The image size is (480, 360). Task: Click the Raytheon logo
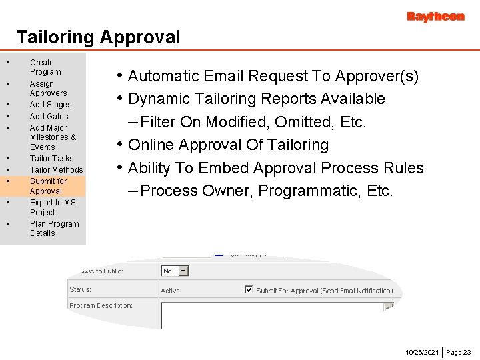435,17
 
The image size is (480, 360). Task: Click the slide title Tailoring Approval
98,37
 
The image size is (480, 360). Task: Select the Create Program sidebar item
45,67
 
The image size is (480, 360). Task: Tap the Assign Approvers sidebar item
48,89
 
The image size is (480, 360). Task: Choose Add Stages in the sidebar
51,105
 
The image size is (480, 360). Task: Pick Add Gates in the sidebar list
49,117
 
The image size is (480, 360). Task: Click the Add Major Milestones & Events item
53,137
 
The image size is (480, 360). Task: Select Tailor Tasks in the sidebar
51,159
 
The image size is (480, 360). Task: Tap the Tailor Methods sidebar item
56,170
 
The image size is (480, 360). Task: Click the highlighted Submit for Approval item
48,186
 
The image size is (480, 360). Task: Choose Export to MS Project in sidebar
53,207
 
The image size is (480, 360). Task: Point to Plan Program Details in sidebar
54,229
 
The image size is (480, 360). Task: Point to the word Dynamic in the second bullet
157,99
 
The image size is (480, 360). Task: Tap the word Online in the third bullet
151,145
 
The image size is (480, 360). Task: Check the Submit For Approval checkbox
249,290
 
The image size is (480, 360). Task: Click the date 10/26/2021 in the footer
422,351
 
